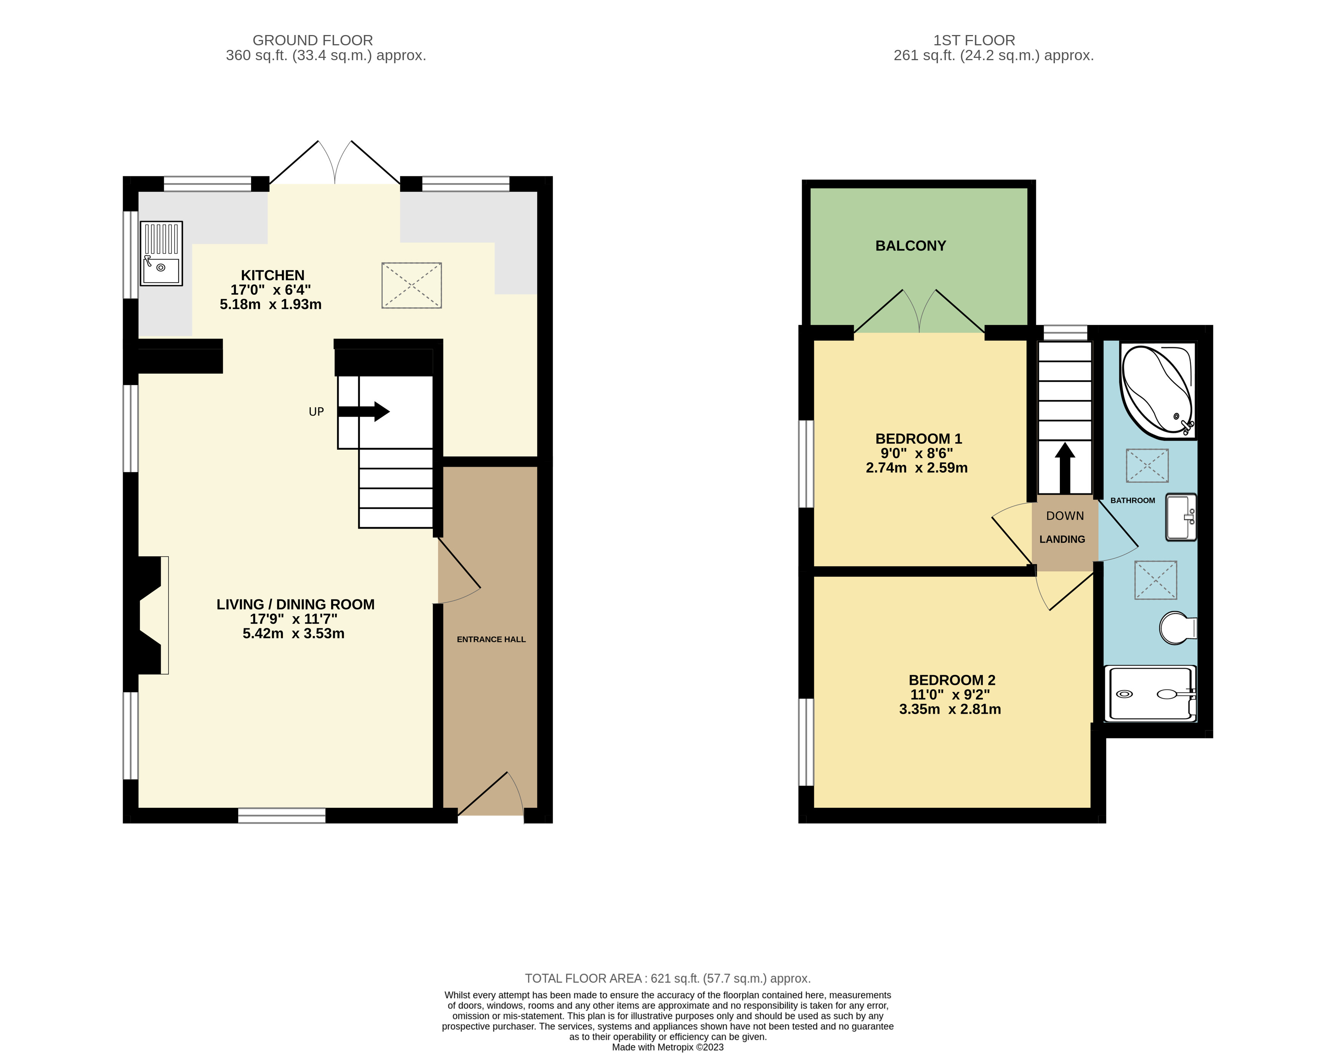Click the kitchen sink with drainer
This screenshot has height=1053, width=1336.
pyautogui.click(x=161, y=253)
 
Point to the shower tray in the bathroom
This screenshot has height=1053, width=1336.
pyautogui.click(x=1150, y=693)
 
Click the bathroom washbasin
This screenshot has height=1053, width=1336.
pyautogui.click(x=1181, y=517)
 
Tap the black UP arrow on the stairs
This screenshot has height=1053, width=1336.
pyautogui.click(x=363, y=411)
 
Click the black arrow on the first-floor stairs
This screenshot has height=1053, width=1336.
pyautogui.click(x=1065, y=468)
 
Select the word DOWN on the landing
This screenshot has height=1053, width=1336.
pyautogui.click(x=1065, y=516)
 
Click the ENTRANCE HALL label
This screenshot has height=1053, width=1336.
pyautogui.click(x=491, y=639)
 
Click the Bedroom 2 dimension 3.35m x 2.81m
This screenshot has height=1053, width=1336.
pyautogui.click(x=949, y=709)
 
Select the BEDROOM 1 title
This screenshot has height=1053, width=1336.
pyautogui.click(x=918, y=439)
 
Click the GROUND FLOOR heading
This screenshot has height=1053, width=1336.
pyautogui.click(x=313, y=41)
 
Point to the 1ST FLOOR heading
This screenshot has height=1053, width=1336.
pyautogui.click(x=974, y=41)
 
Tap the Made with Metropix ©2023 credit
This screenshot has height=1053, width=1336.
pyautogui.click(x=667, y=1047)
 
